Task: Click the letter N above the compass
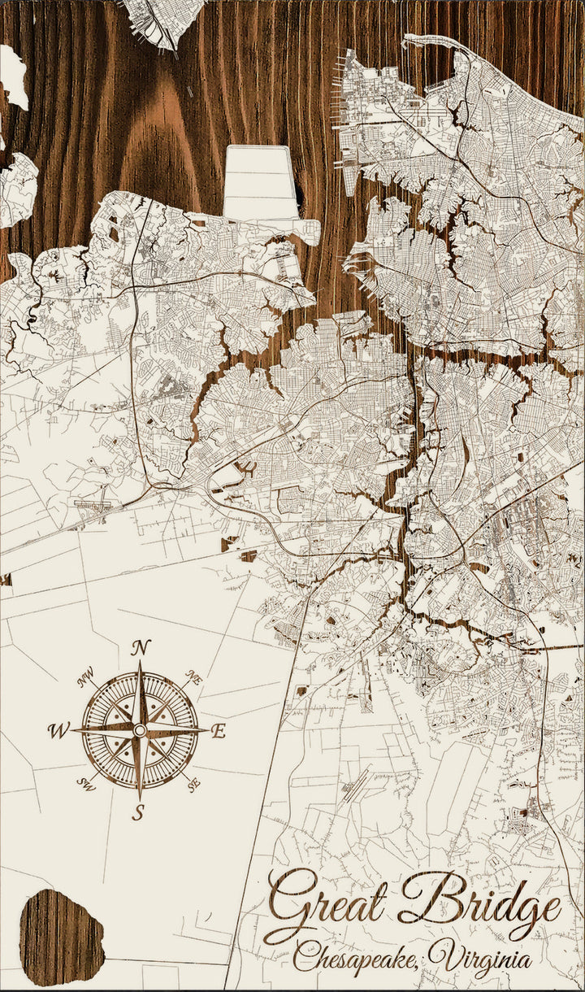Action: coord(141,647)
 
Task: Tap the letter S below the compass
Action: coord(138,812)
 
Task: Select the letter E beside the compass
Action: coord(218,731)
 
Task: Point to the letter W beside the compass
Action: coord(58,730)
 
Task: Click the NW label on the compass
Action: coord(85,677)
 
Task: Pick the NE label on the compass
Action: coord(193,677)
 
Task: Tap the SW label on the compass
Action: coord(85,783)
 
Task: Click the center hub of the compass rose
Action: coord(140,730)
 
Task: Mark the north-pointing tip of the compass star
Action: coord(140,663)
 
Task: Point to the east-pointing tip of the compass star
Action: coord(206,730)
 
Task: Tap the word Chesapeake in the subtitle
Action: coord(357,958)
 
